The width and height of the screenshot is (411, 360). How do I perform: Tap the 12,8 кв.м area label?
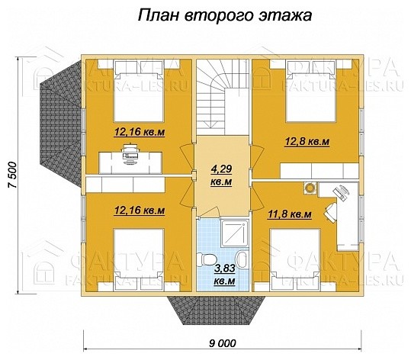coord(308,141)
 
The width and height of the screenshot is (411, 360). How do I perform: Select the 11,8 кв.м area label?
coord(291,214)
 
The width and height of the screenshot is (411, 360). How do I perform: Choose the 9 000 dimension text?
coord(221,342)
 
